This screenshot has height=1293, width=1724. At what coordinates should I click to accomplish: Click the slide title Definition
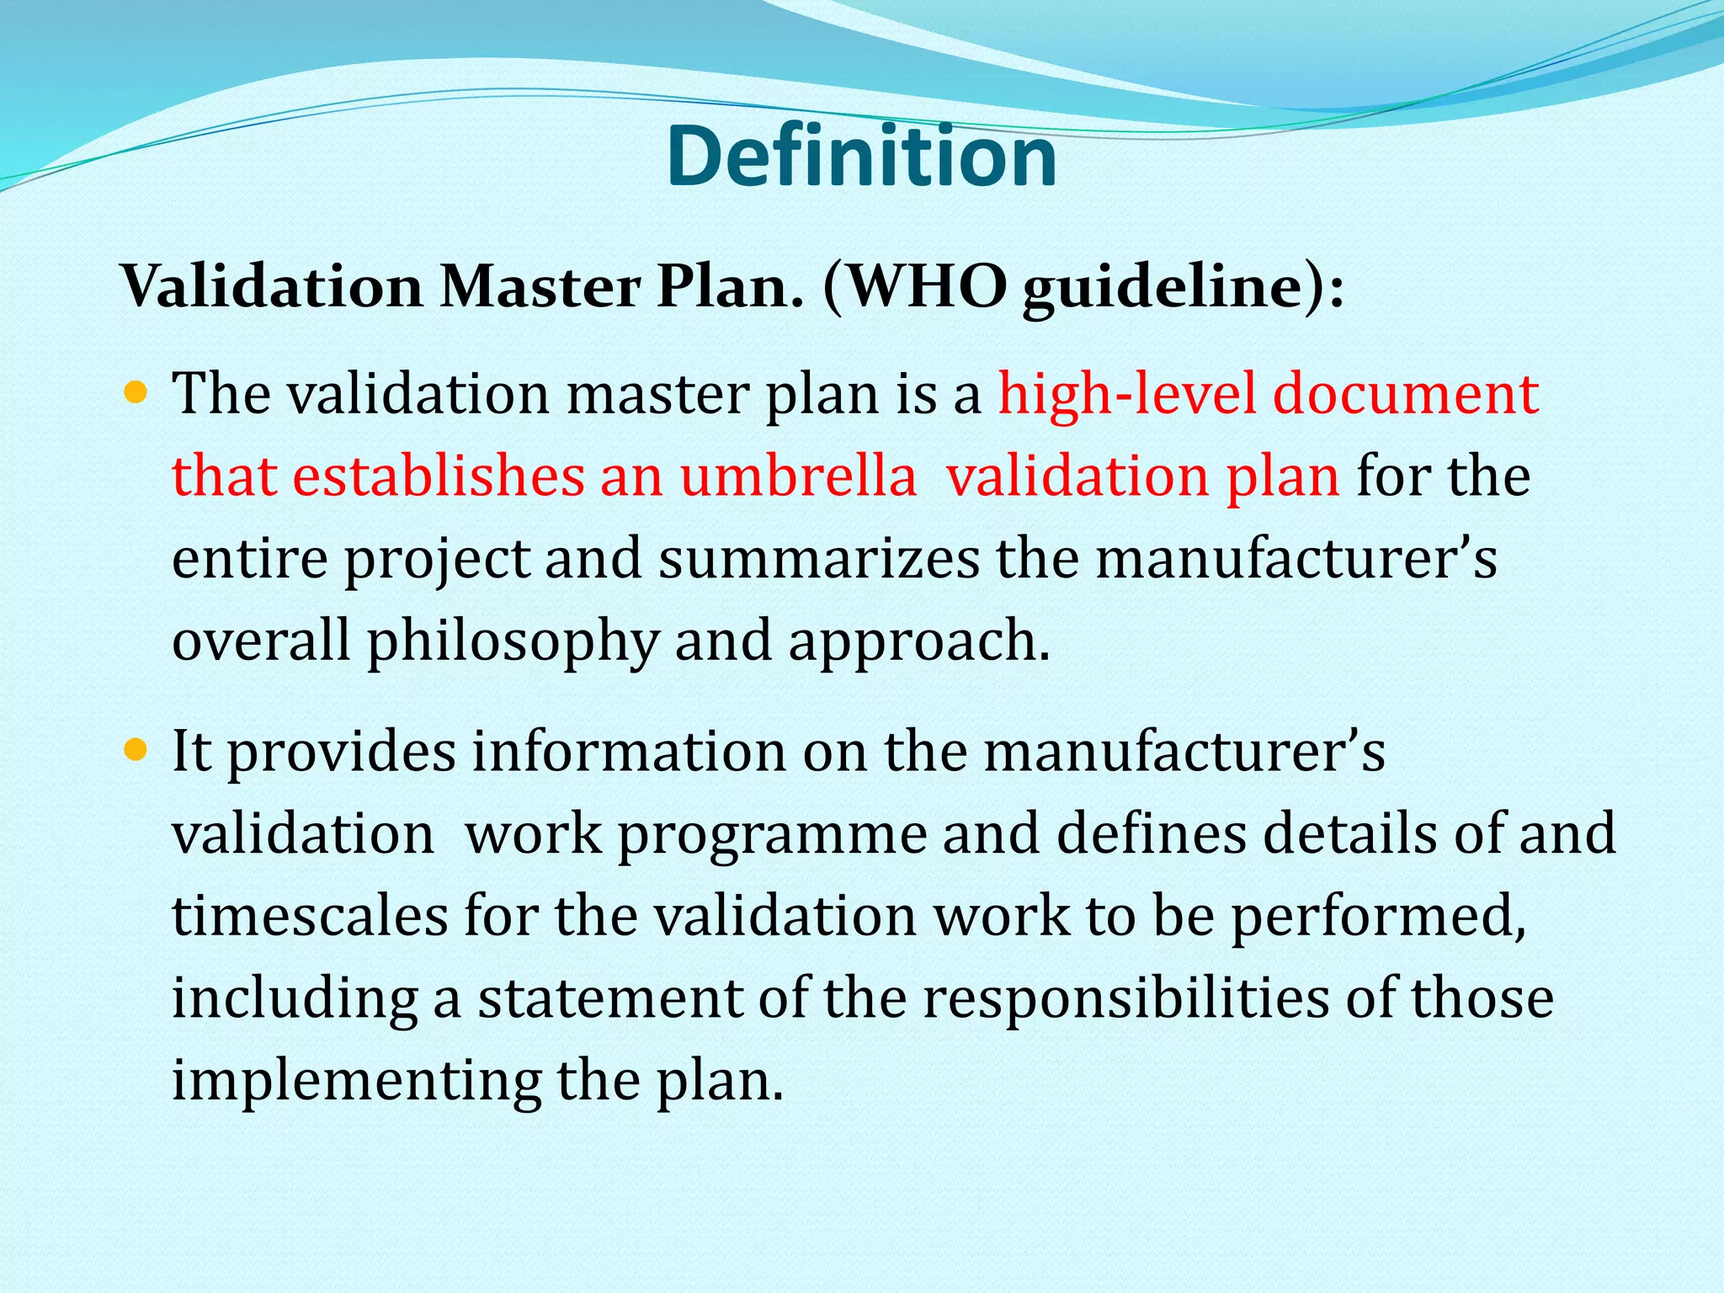[861, 157]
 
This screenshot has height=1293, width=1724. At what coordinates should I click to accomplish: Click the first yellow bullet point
[135, 392]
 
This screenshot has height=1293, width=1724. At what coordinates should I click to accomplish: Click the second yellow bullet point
[135, 749]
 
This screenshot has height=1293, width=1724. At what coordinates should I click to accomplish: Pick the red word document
[1406, 394]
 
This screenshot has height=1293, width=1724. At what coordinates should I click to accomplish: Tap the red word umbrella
[798, 476]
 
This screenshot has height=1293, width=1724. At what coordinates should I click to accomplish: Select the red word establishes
[437, 476]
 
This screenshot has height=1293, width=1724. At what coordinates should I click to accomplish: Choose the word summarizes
[818, 559]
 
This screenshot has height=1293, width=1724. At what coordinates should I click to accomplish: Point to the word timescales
[310, 916]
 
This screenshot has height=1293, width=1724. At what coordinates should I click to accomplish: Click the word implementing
[357, 1081]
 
